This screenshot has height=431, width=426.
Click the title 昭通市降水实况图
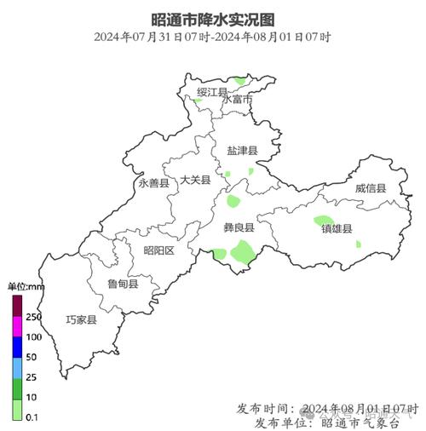[x=213, y=18]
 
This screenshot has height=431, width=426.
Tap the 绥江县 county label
[x=211, y=91]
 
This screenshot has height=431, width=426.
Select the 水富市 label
[x=238, y=100]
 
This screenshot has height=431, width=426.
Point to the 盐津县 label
[x=241, y=151]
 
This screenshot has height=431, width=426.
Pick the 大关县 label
[x=195, y=180]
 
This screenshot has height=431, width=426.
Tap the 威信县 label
[x=371, y=187]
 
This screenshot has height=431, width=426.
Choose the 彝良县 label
[x=239, y=228]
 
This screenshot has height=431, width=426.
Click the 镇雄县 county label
[x=337, y=228]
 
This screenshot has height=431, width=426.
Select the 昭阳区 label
[x=158, y=250]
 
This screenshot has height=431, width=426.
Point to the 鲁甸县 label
[x=122, y=284]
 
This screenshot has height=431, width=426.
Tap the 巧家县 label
[x=82, y=320]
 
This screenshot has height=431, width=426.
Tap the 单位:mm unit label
[x=26, y=287]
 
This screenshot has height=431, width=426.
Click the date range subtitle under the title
[x=213, y=37]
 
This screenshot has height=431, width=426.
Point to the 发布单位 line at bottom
[x=332, y=422]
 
